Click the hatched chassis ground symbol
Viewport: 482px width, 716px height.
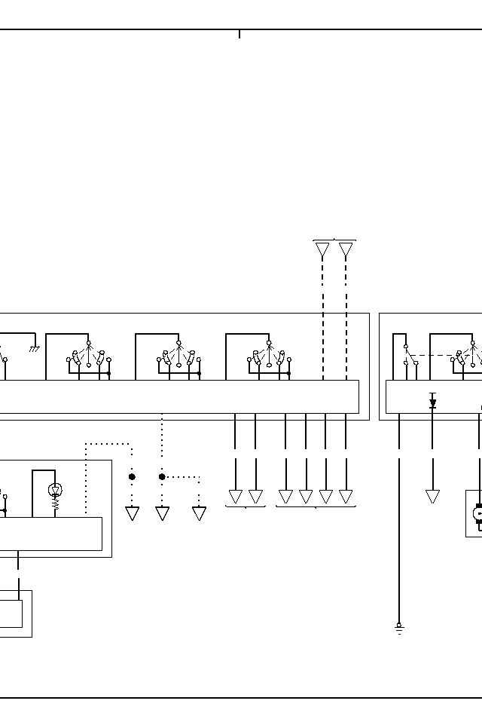pos(34,350)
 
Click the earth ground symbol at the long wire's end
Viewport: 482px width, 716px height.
pos(399,629)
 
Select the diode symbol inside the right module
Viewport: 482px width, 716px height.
pos(432,402)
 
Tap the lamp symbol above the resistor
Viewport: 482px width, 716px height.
pos(55,491)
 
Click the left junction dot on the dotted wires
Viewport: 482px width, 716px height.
pos(132,477)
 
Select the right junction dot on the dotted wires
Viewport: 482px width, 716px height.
pos(162,477)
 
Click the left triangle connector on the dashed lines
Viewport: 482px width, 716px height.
pos(322,250)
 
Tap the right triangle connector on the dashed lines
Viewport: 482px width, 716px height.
pos(346,250)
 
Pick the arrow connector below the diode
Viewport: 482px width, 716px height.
pos(432,497)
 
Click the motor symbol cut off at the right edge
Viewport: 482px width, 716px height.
pos(476,514)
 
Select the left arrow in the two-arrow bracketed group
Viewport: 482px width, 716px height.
pos(236,497)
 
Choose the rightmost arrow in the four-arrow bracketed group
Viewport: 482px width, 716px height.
pos(346,497)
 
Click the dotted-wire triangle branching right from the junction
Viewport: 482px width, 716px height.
pos(199,513)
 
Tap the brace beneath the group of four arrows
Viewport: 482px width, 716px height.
pos(316,507)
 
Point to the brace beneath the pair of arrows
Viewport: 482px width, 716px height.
pos(246,507)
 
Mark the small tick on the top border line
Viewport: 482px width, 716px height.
pos(239,34)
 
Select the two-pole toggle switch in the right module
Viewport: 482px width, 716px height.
pos(410,354)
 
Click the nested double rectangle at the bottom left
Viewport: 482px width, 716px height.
pos(15,613)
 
